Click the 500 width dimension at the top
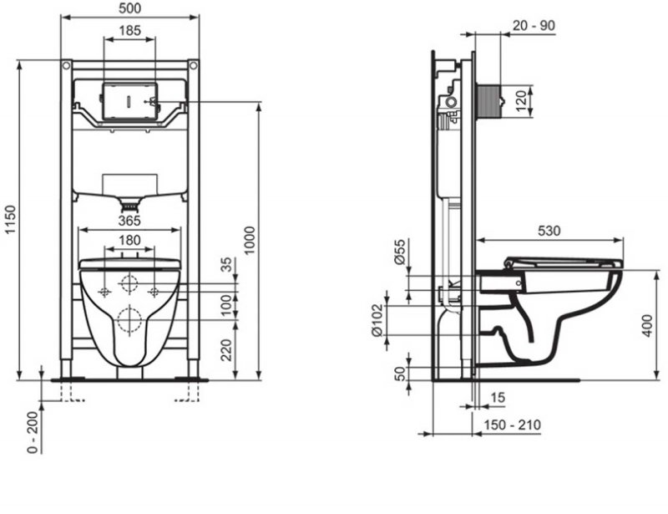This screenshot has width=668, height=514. click(129, 8)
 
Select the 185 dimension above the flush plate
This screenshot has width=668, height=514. click(129, 30)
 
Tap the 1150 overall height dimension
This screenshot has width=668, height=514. click(9, 220)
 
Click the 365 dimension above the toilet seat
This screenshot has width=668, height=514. click(128, 221)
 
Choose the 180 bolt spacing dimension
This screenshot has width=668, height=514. click(129, 241)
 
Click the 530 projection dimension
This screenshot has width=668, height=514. click(549, 230)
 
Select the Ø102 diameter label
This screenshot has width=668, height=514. click(377, 318)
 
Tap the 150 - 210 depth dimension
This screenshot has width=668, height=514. click(513, 425)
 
